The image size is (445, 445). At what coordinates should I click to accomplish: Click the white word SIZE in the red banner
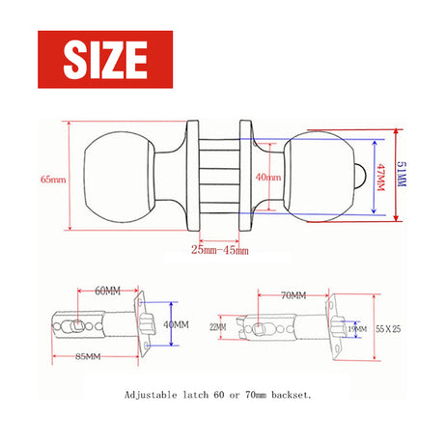[x=105, y=60]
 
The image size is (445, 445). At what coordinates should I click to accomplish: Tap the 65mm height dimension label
[x=53, y=180]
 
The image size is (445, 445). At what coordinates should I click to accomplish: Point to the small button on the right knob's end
[x=359, y=176]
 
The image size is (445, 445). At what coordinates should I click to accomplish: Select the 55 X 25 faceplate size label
[x=390, y=329]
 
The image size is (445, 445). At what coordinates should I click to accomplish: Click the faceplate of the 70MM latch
[x=337, y=328]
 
